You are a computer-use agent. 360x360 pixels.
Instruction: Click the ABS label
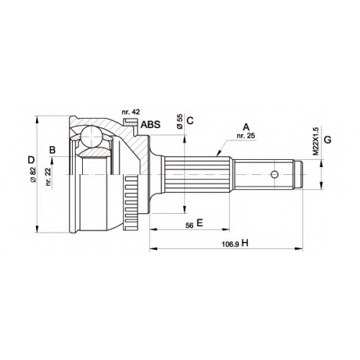[x=150, y=125]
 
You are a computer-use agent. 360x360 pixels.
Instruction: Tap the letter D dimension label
[x=31, y=160]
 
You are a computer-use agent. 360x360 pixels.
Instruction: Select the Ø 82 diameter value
[x=33, y=175]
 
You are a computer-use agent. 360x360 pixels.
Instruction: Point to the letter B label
[x=53, y=150]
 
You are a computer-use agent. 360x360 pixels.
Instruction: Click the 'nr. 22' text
[x=48, y=177]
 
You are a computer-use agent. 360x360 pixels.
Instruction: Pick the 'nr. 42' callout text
[x=131, y=112]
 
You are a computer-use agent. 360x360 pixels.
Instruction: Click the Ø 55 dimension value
[x=180, y=122]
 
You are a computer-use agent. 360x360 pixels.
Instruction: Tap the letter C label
[x=190, y=121]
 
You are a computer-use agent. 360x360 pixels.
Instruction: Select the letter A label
[x=246, y=127]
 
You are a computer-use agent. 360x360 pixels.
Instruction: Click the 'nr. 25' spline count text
[x=246, y=136]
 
